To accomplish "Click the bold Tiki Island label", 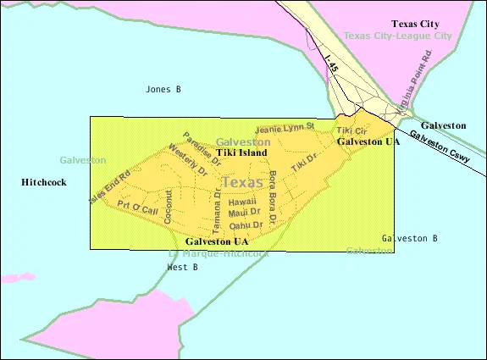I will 241,152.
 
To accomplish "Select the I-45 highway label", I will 333,64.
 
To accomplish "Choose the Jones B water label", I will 163,89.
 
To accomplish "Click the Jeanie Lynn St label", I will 285,129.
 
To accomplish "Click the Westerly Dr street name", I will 187,160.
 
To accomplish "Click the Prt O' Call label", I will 137,208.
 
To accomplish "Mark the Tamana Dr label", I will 217,213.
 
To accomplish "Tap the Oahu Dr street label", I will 246,224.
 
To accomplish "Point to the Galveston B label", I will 409,238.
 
